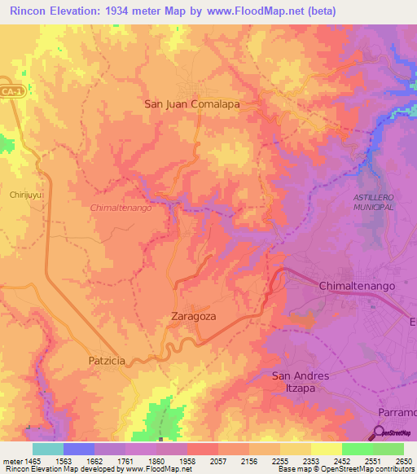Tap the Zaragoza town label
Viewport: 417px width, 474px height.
[194, 316]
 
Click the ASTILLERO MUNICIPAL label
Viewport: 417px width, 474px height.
[374, 203]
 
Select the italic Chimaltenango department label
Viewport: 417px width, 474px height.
[122, 208]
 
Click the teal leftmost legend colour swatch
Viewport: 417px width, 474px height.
[48, 449]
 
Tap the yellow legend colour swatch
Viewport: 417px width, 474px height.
[326, 449]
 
